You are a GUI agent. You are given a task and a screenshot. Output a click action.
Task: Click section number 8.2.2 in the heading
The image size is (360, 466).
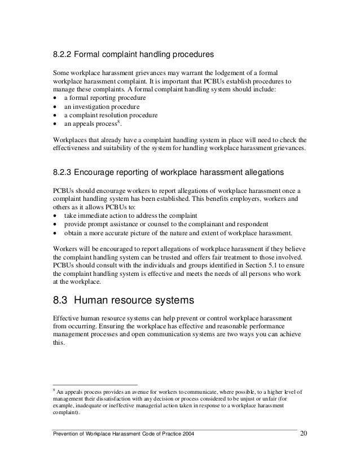click(62, 55)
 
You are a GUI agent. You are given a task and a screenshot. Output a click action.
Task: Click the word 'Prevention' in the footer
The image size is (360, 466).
click(65, 433)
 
